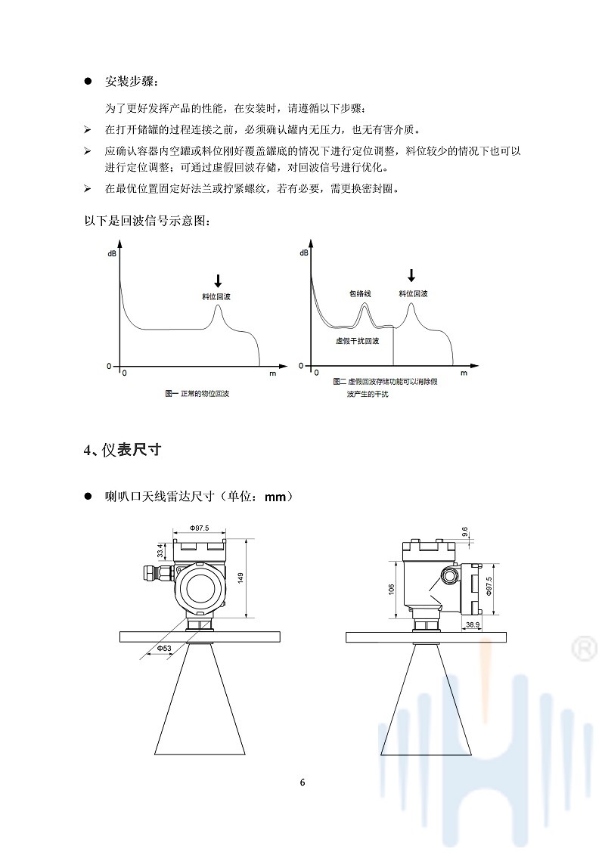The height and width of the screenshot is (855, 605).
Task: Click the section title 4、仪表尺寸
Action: click(123, 450)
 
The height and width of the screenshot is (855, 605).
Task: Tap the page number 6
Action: click(302, 782)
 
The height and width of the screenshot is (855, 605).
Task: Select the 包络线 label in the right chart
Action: click(360, 293)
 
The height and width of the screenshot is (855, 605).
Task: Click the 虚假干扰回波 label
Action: click(357, 341)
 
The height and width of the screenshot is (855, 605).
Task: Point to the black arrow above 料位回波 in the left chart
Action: click(218, 280)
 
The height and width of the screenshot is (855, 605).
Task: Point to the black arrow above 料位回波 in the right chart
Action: click(411, 274)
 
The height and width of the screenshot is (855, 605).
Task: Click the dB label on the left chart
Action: click(113, 253)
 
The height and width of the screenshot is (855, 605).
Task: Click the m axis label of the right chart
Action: click(464, 373)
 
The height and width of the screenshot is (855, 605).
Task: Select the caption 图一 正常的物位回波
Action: click(197, 393)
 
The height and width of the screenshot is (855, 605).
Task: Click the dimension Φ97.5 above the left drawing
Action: click(200, 528)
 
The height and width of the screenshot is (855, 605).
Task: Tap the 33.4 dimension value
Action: click(160, 550)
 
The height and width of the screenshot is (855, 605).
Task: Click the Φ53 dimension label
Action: click(164, 649)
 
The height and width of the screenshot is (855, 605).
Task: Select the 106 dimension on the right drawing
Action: click(391, 590)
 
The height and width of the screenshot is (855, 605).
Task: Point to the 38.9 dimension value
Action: click(473, 625)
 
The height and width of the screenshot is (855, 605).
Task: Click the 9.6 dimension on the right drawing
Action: click(465, 531)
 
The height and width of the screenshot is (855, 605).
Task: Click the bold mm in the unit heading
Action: click(275, 497)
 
